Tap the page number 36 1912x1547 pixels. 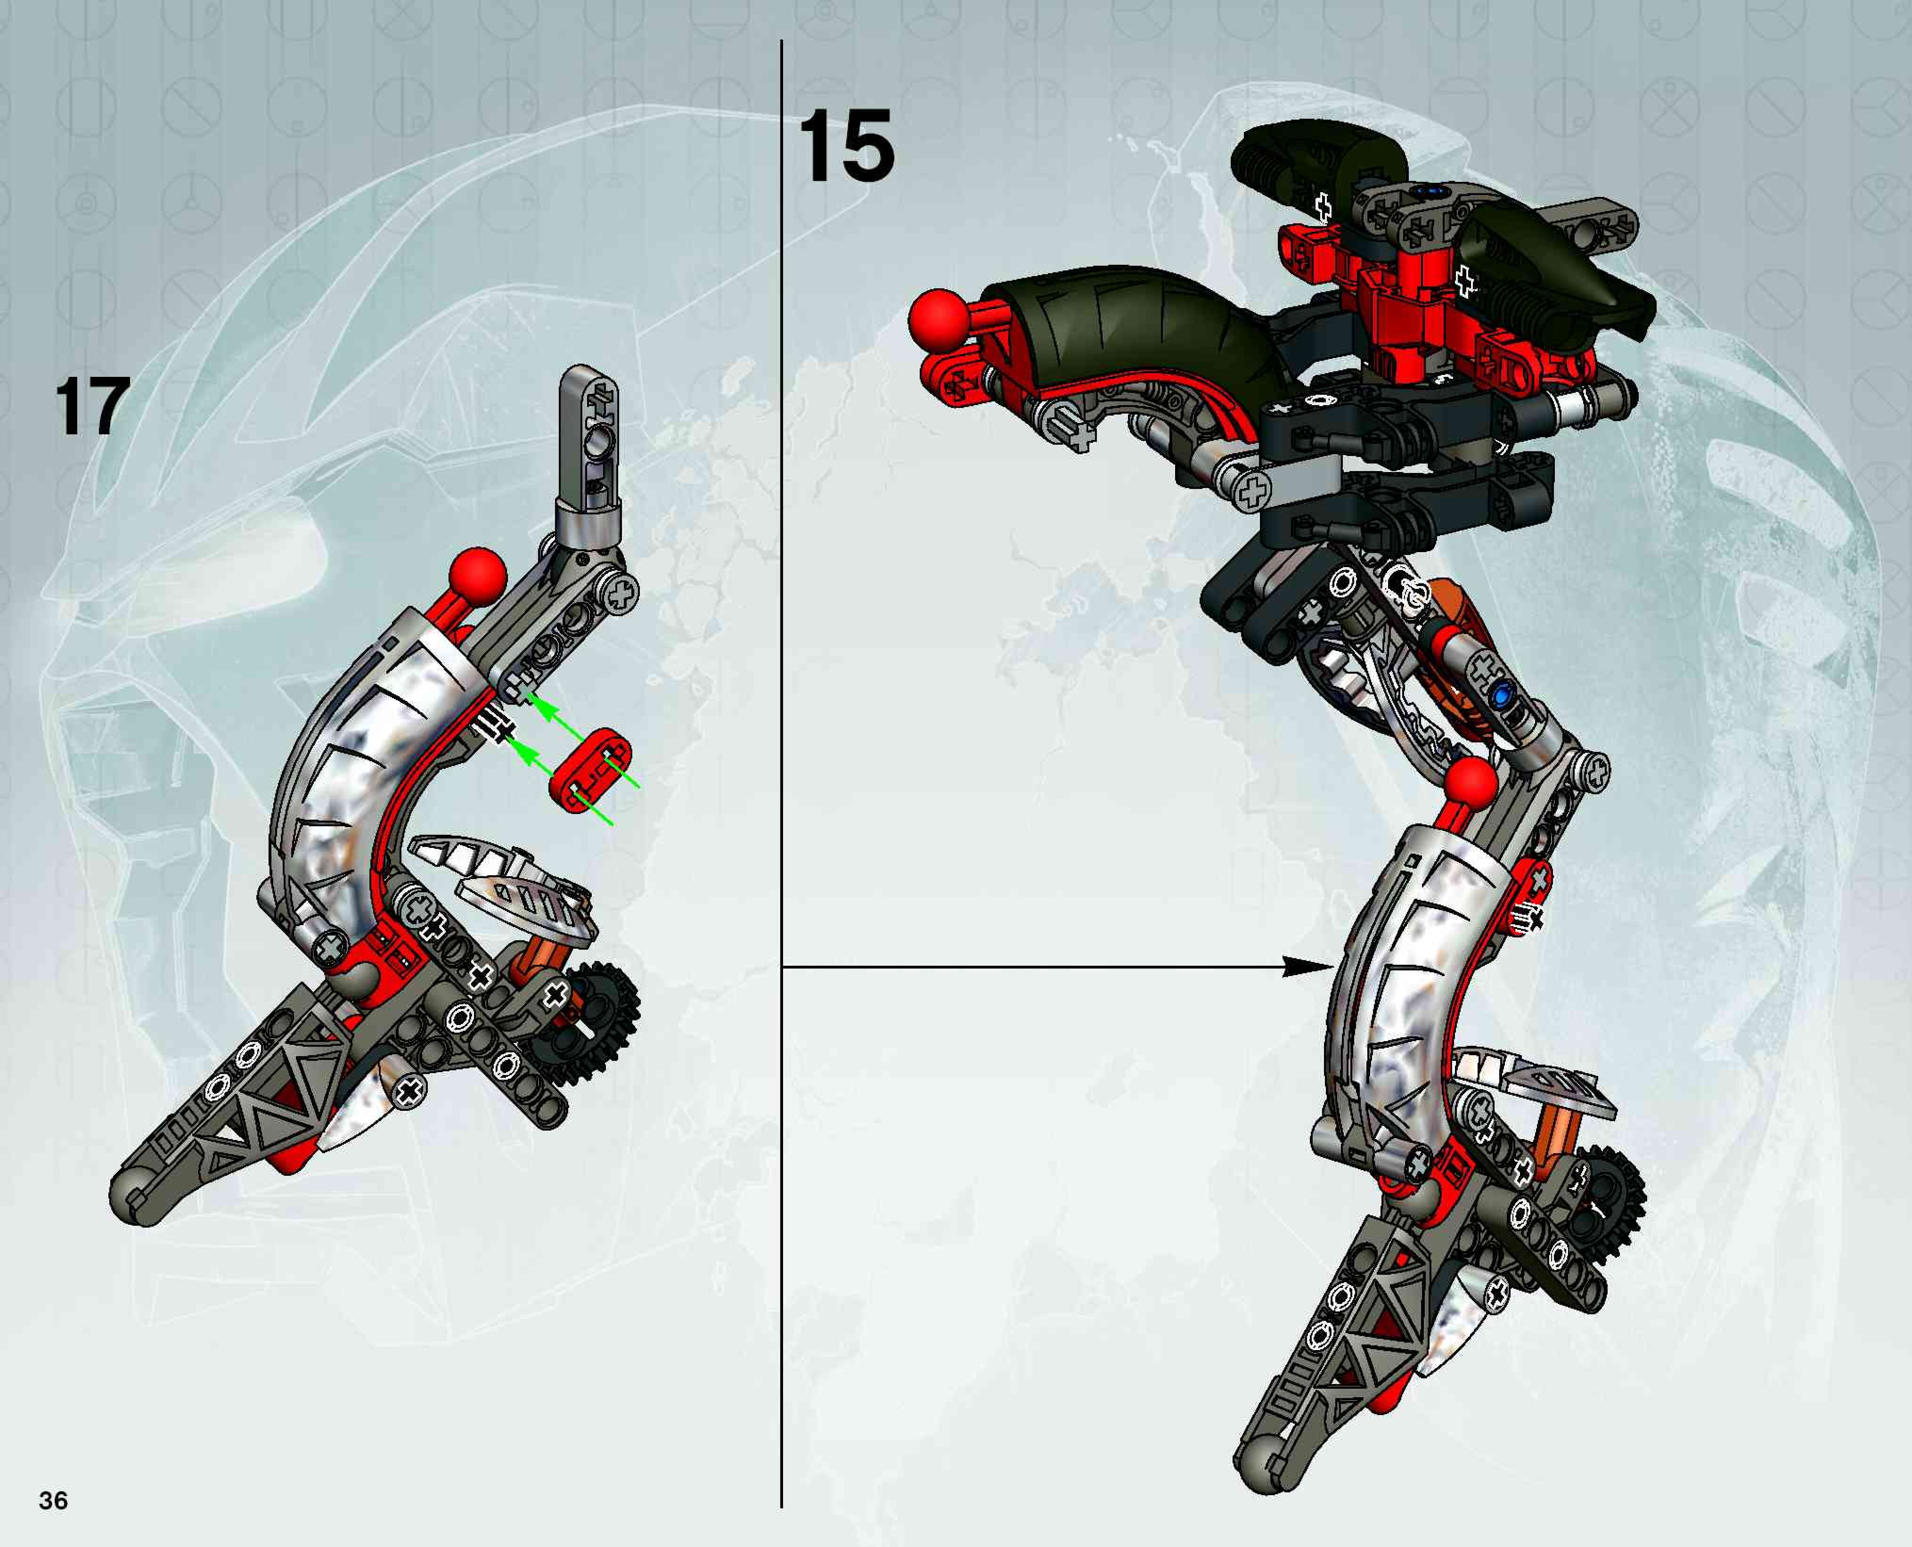(x=54, y=1501)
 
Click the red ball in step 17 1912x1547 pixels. (x=478, y=578)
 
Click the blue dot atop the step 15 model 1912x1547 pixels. (x=1433, y=190)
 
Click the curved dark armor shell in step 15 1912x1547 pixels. (x=1132, y=330)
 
